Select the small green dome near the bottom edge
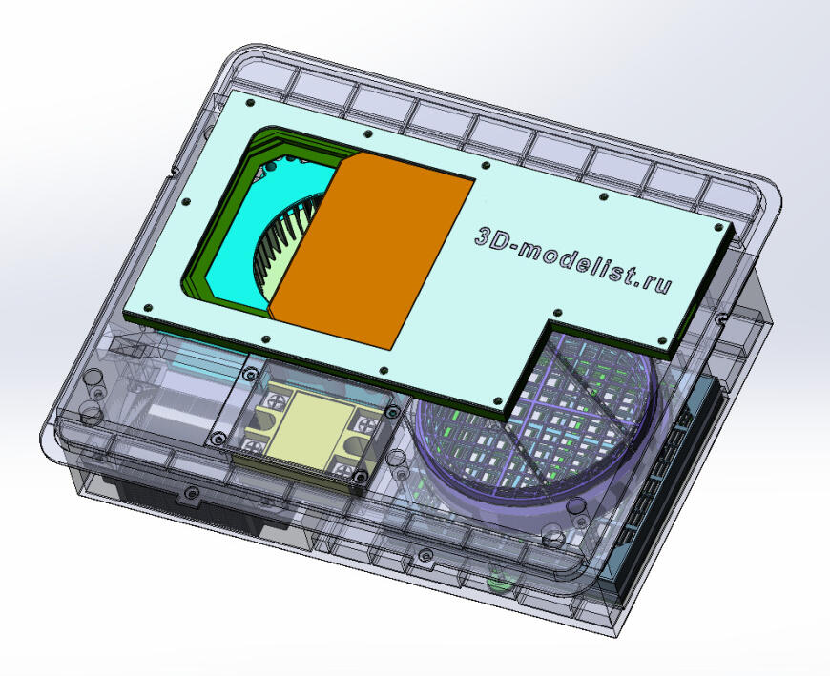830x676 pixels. click(x=499, y=582)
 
